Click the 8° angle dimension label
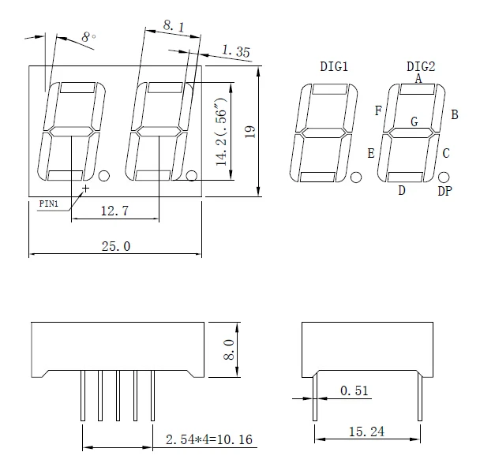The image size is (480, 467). [88, 37]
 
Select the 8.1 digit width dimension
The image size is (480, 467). [174, 27]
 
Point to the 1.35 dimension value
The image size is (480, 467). [236, 52]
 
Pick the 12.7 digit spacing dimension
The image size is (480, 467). [115, 211]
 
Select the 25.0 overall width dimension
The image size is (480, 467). [115, 246]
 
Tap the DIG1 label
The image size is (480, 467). [334, 66]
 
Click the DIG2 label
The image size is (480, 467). [421, 66]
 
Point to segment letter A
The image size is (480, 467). [418, 78]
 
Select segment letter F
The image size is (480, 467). [378, 111]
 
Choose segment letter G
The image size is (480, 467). [414, 121]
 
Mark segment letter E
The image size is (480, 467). [370, 152]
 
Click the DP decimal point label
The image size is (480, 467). [445, 191]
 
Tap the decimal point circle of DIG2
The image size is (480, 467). [444, 177]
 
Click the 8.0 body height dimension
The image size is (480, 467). [229, 348]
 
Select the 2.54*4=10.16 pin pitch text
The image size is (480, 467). [208, 439]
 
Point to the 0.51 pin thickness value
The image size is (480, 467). [354, 390]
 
